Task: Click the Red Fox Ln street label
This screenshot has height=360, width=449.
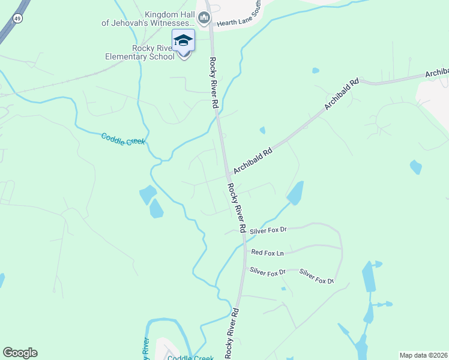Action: point(267,253)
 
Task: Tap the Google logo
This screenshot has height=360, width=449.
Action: point(20,353)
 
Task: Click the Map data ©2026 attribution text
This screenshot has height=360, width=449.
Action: point(424,355)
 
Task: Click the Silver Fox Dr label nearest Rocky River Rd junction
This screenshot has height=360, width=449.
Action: point(268,230)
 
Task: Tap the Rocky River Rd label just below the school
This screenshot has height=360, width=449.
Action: point(214,82)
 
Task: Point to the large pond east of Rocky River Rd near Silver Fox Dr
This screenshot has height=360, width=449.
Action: point(295,192)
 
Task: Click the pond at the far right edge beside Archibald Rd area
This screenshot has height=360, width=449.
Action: point(415,167)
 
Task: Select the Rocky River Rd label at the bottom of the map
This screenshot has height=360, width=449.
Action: point(232,334)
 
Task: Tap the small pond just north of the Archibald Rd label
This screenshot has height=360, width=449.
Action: point(262,130)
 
